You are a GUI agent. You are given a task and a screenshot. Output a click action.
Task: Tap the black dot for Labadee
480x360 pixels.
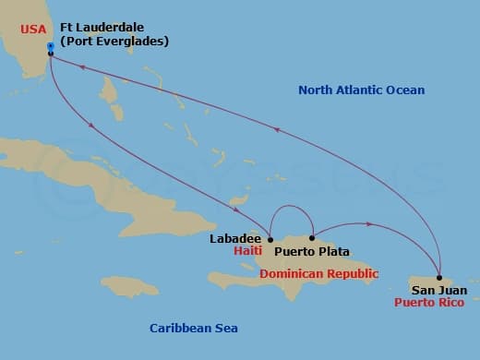point(270,239)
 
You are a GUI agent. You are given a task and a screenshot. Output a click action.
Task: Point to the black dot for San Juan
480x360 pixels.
point(440,278)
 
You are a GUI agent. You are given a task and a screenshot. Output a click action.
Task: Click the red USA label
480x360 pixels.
point(32,29)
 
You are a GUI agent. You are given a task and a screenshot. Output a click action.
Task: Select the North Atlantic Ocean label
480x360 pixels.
point(362,90)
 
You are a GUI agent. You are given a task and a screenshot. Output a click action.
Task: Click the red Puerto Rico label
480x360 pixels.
point(431,302)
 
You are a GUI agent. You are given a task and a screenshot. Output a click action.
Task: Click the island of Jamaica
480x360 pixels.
point(129,286)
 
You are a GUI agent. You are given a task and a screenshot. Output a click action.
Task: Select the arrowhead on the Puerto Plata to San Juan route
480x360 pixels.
point(369,224)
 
